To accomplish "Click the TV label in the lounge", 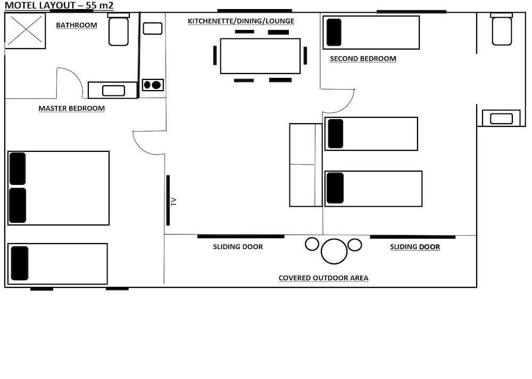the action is [174, 202].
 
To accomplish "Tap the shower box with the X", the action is [26, 31].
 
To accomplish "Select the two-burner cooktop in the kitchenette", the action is [153, 85].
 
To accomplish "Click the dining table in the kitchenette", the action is [260, 56].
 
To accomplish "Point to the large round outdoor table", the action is [334, 251].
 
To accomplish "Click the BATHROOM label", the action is [76, 25].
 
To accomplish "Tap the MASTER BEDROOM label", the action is [72, 108].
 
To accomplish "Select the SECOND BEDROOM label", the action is [363, 59].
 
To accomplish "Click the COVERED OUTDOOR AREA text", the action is [323, 278].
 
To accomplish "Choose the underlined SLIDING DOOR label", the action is [415, 247].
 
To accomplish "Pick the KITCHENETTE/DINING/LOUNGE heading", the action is [241, 21].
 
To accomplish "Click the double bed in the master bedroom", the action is [59, 188].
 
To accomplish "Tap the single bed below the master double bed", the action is [57, 264].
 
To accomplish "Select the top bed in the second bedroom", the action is [371, 33].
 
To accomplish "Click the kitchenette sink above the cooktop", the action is [153, 29].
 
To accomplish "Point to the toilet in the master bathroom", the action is [119, 29].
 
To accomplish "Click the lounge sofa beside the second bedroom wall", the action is [306, 165].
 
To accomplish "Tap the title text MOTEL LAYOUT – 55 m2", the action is [59, 5].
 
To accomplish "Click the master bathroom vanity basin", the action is [114, 91].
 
